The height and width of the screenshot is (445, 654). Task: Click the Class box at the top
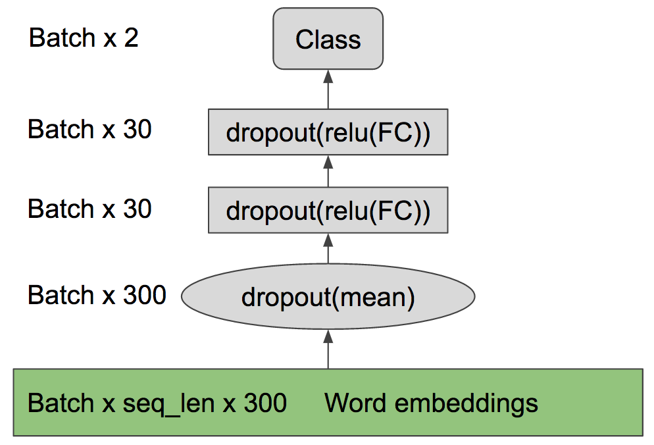328,39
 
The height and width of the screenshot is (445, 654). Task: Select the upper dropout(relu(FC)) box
328,132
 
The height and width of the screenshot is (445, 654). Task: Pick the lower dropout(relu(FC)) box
328,211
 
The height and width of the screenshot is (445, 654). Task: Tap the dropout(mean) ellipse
328,297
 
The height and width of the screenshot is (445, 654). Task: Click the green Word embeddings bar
328,402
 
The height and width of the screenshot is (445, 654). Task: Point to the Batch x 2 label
84,38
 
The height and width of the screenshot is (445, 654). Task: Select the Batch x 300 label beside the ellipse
97,295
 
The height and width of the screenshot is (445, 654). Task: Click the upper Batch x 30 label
89,130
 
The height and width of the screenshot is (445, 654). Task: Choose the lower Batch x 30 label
89,209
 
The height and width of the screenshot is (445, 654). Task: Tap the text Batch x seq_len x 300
157,402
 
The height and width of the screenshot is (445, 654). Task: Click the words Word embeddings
431,402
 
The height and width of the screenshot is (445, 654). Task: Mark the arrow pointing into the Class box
328,89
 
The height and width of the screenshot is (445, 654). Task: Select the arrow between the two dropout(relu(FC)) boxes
328,171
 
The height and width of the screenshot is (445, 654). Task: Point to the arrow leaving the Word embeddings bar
328,349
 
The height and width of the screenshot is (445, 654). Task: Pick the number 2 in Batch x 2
131,38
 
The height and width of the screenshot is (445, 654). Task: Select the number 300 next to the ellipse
145,295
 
